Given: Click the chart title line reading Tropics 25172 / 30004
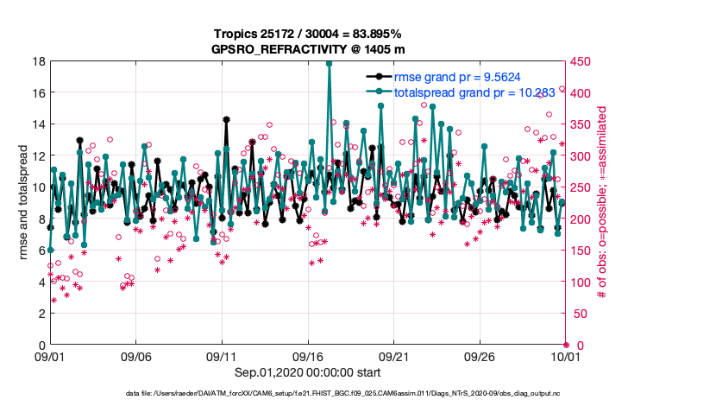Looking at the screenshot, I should click(x=307, y=34).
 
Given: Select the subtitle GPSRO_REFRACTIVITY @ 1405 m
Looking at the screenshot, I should click(x=307, y=49).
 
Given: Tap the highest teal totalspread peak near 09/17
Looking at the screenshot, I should click(x=329, y=63).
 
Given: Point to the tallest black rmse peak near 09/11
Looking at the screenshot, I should click(x=226, y=119).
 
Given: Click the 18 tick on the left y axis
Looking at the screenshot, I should click(x=40, y=61).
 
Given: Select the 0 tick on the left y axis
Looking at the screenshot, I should click(x=42, y=345).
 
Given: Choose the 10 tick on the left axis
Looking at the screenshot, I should click(x=40, y=187).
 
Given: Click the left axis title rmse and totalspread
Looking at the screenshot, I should click(x=24, y=203).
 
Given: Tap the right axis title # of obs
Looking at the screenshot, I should click(x=603, y=203).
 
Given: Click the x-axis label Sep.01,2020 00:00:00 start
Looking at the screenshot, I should click(x=307, y=372).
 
